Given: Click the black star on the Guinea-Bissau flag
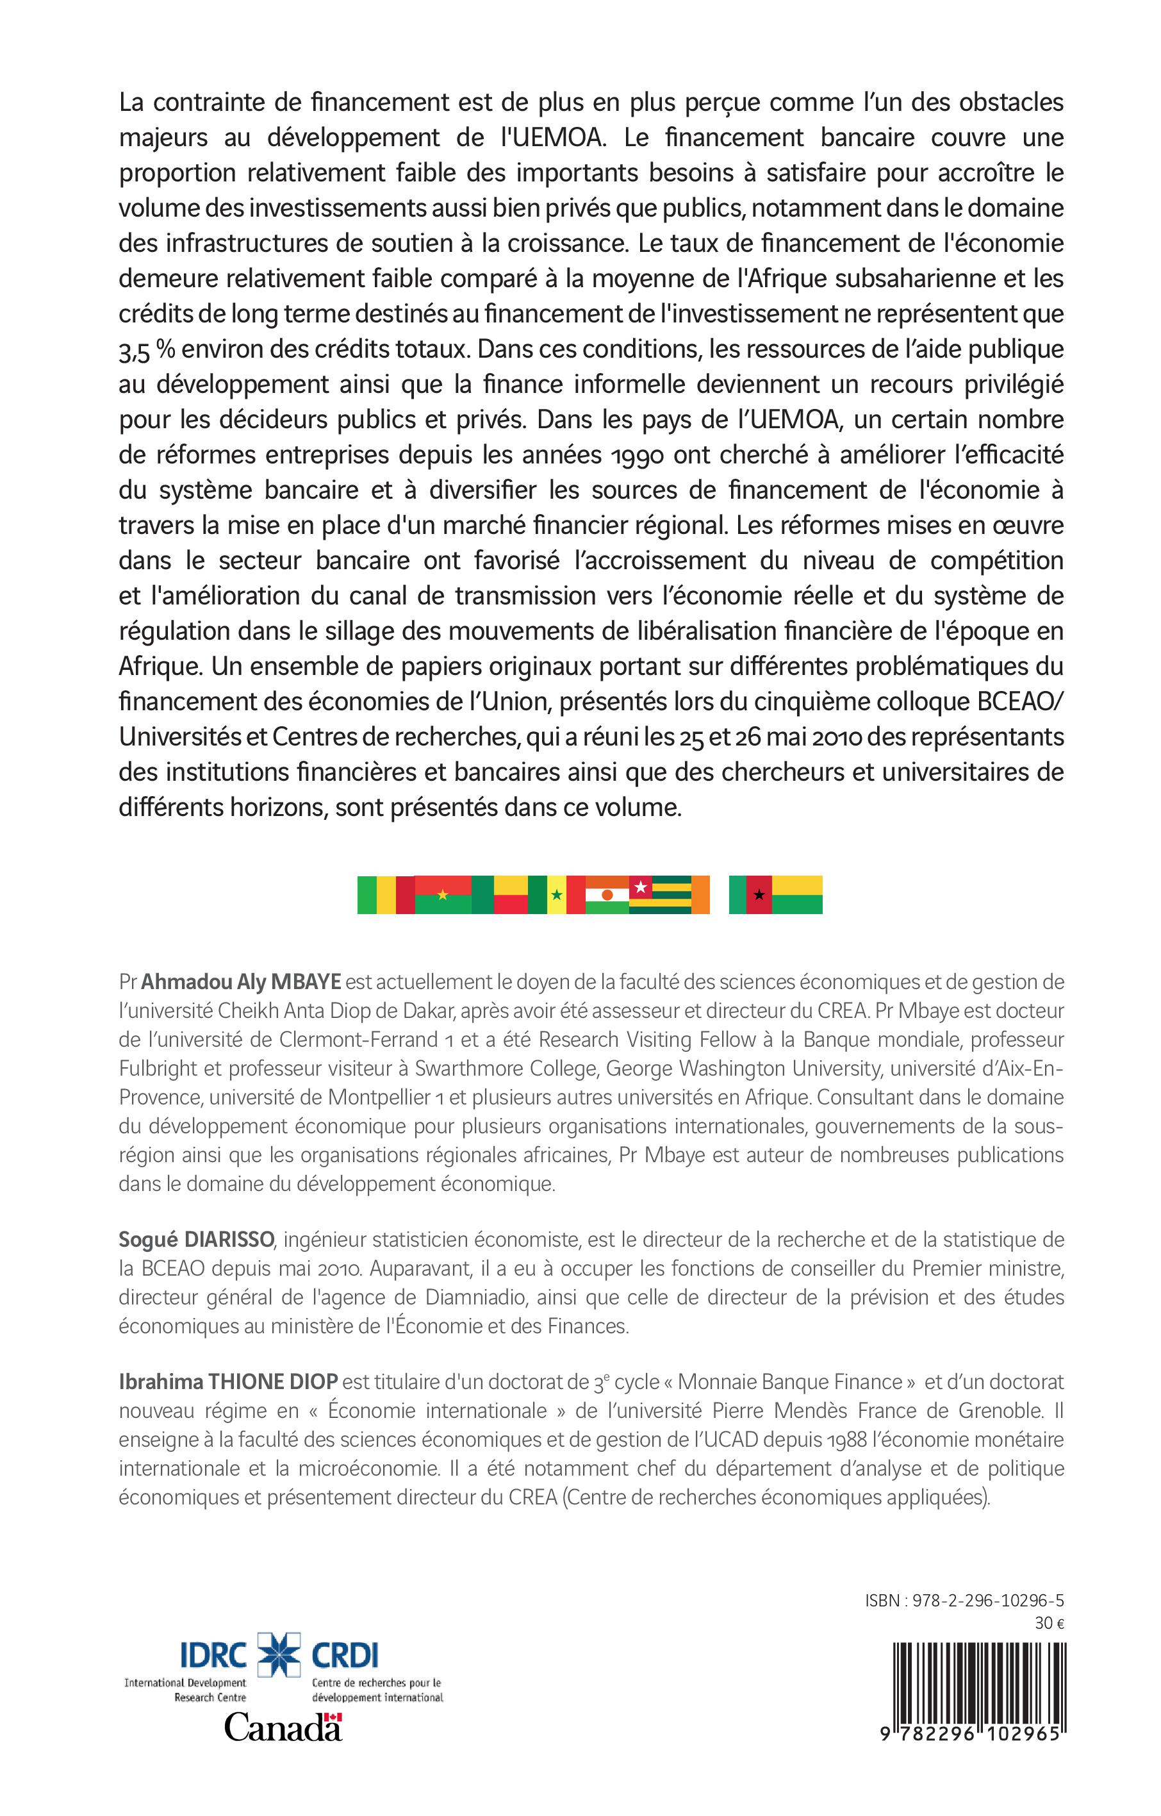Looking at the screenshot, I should [759, 895].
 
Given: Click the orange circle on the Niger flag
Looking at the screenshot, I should [607, 895].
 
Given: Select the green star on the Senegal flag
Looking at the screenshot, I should [556, 895].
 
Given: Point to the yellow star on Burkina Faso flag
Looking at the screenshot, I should [443, 895].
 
